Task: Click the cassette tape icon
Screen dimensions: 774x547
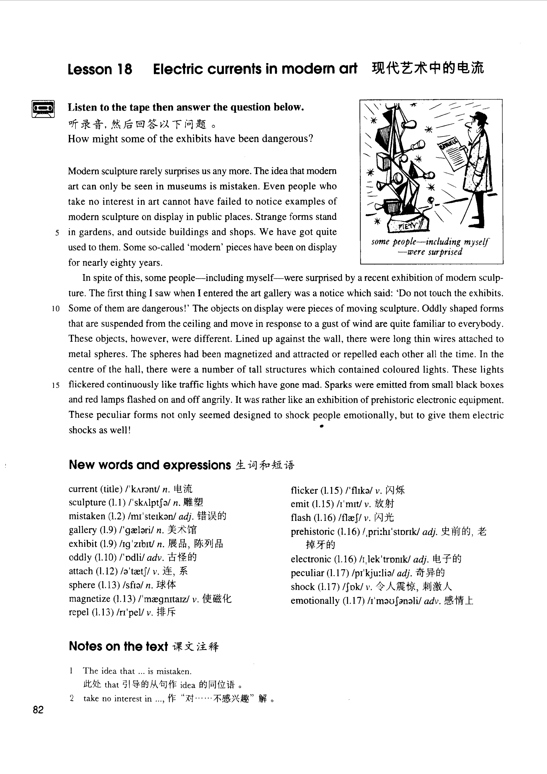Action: tap(43, 109)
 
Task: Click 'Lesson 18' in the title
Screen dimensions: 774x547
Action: tap(100, 69)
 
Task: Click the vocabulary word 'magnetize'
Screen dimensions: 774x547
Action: tap(89, 599)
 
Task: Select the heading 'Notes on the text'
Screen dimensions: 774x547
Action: tap(118, 646)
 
